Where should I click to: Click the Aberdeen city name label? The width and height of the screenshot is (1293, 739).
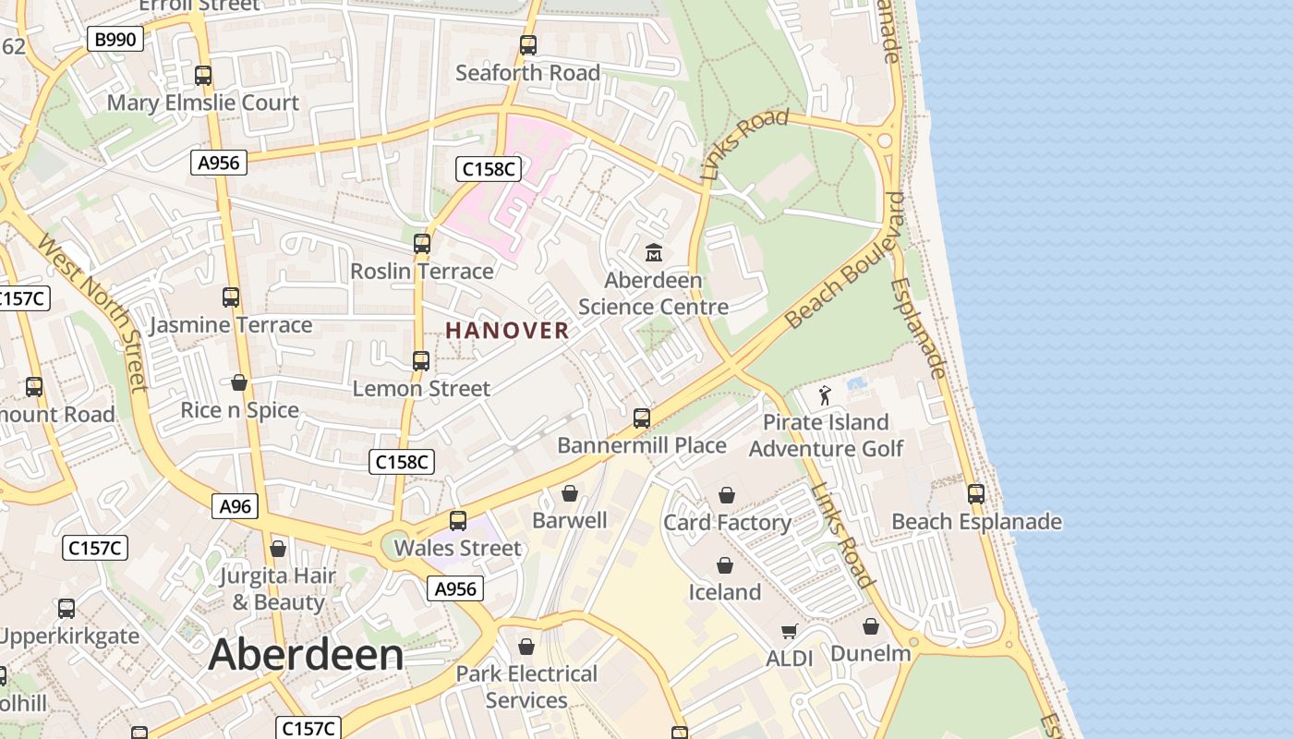pyautogui.click(x=306, y=655)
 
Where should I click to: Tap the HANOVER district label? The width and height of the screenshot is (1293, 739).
pyautogui.click(x=507, y=330)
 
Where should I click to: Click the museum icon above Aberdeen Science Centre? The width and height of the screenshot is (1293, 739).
pyautogui.click(x=654, y=251)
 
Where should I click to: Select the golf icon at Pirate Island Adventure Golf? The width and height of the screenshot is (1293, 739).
pyautogui.click(x=825, y=395)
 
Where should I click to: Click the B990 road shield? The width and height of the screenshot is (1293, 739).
pyautogui.click(x=115, y=39)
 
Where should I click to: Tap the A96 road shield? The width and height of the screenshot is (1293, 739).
pyautogui.click(x=236, y=506)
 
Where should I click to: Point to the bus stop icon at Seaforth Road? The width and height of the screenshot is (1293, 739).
pyautogui.click(x=527, y=45)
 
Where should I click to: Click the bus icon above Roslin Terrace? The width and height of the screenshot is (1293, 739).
pyautogui.click(x=422, y=244)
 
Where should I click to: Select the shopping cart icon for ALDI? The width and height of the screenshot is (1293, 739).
pyautogui.click(x=789, y=632)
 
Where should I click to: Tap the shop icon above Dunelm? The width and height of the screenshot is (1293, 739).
pyautogui.click(x=870, y=627)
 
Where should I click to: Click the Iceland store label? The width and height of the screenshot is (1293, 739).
pyautogui.click(x=725, y=591)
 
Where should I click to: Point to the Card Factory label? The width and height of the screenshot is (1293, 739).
pyautogui.click(x=727, y=523)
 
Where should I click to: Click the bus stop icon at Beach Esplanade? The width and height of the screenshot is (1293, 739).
pyautogui.click(x=976, y=494)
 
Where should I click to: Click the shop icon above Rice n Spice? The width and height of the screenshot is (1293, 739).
pyautogui.click(x=239, y=382)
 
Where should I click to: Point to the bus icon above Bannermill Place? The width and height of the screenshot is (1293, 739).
pyautogui.click(x=642, y=418)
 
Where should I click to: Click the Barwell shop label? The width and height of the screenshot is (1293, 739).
pyautogui.click(x=570, y=520)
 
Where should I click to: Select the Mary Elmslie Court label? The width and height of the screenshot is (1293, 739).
pyautogui.click(x=203, y=103)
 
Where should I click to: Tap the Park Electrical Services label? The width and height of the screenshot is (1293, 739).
pyautogui.click(x=526, y=686)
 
